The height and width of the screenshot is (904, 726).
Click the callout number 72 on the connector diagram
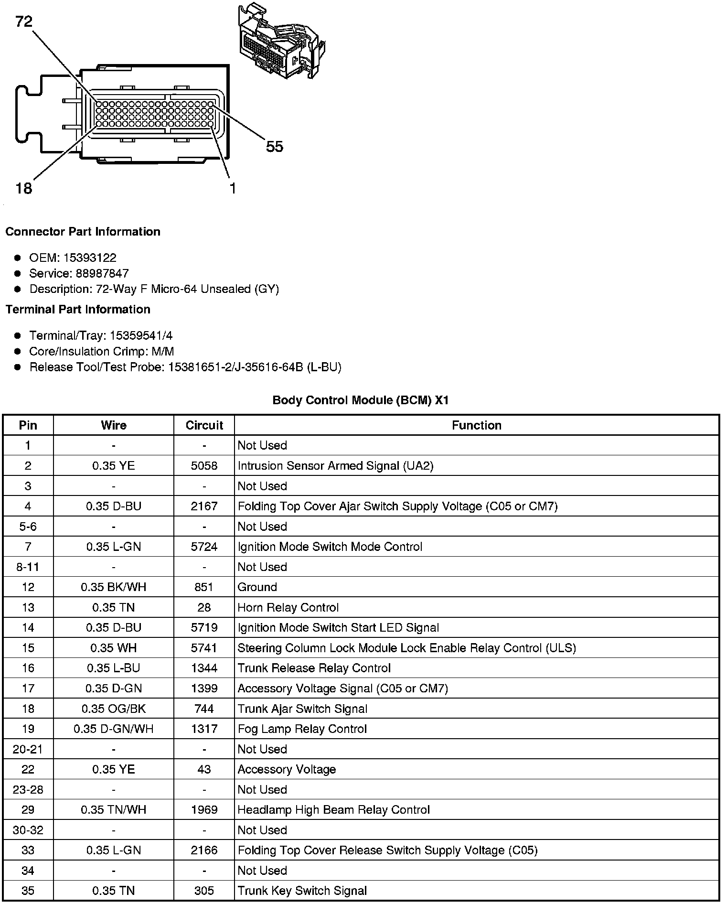23,22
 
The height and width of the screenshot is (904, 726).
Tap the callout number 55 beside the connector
275,147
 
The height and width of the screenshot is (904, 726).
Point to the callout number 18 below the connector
23,188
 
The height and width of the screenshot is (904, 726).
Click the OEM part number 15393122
90,258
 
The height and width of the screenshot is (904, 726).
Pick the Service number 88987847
102,273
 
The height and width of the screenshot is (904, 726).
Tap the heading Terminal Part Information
78,310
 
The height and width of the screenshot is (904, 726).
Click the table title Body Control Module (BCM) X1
361,400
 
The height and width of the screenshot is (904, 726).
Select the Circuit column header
204,425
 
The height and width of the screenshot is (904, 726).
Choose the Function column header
476,425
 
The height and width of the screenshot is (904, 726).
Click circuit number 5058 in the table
204,466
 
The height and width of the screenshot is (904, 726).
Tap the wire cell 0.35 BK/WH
114,587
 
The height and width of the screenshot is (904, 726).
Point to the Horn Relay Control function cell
288,608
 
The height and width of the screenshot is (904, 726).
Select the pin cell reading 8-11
28,567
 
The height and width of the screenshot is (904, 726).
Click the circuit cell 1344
204,668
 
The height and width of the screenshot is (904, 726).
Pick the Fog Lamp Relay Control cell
302,729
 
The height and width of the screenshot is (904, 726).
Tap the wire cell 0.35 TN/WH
114,810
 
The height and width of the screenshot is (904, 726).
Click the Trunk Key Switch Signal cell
302,891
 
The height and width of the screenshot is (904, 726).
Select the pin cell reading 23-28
28,790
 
